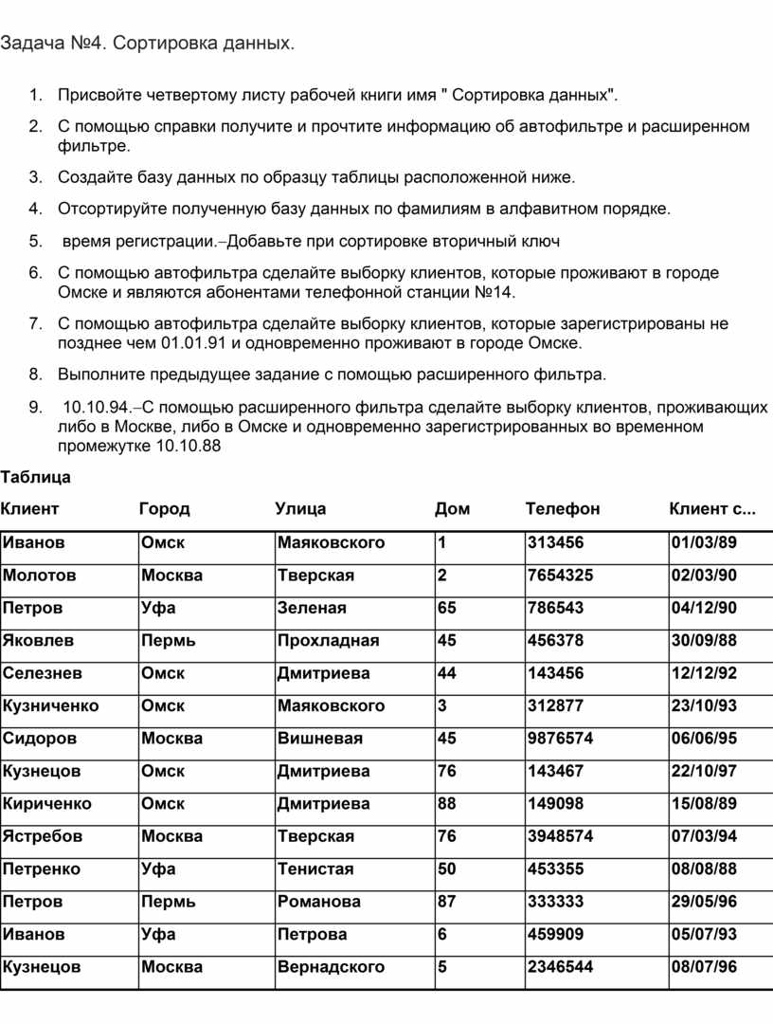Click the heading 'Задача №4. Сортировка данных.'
147,44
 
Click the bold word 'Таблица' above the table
35,477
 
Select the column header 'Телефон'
563,509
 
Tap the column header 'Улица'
300,509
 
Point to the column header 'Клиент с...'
712,509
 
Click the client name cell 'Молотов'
40,576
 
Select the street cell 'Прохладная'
328,641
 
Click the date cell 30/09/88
704,641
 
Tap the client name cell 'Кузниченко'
50,706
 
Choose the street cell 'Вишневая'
319,739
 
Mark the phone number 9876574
561,739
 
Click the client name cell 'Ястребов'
43,836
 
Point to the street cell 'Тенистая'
315,869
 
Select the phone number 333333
556,902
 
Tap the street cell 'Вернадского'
331,967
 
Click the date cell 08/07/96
704,967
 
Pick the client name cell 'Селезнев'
42,673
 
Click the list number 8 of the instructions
34,375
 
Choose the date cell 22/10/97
704,772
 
